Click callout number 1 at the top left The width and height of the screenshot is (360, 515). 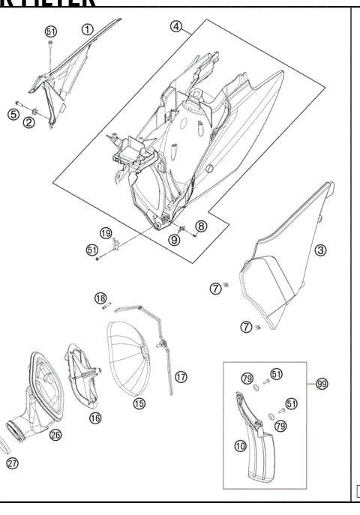point(87,29)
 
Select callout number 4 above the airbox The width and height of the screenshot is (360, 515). point(176,26)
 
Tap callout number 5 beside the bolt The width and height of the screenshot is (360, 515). point(13,114)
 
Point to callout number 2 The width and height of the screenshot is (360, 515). point(28,123)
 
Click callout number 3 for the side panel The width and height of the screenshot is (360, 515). point(320,250)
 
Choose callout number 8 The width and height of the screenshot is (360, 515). point(200,225)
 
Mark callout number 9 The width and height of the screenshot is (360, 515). point(174,240)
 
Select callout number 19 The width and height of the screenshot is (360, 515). point(106,232)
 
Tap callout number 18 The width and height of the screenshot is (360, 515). point(100,298)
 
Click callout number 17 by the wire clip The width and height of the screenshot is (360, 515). point(180,376)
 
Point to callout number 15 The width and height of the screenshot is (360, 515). point(139,403)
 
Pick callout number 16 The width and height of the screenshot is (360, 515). point(95,418)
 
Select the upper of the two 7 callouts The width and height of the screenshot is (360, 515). point(215,289)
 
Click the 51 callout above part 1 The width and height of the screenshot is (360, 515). point(51,31)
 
